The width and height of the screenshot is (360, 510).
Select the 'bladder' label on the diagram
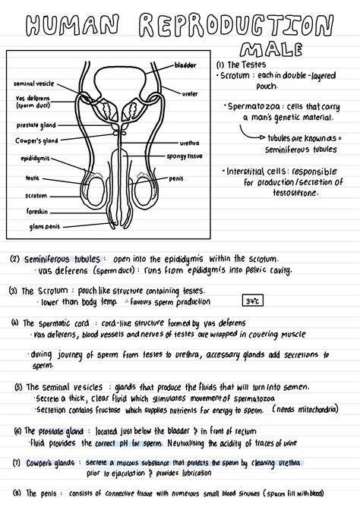pyautogui.click(x=185, y=65)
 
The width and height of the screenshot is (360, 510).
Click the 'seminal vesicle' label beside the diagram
pyautogui.click(x=34, y=83)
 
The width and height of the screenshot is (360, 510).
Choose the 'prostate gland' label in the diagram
pyautogui.click(x=35, y=124)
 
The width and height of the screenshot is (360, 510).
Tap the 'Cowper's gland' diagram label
pyautogui.click(x=36, y=140)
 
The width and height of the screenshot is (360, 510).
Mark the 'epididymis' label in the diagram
pyautogui.click(x=36, y=159)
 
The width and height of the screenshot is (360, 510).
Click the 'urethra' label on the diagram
pyautogui.click(x=189, y=142)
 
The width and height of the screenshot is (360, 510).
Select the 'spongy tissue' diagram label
pyautogui.click(x=185, y=156)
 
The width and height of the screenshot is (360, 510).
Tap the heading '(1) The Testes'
pyautogui.click(x=241, y=65)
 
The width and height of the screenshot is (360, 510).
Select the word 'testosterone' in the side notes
pyautogui.click(x=280, y=193)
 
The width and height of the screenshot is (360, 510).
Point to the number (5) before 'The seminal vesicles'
pyautogui.click(x=18, y=386)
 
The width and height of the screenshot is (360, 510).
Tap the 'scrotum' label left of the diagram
pyautogui.click(x=36, y=195)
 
